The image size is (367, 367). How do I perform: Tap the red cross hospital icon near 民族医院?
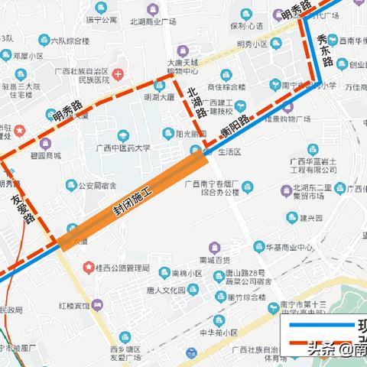tap(118, 75)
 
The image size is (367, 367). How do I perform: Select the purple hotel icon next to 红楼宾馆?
tap(96, 306)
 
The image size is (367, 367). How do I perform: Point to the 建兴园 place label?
tap(313, 218)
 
